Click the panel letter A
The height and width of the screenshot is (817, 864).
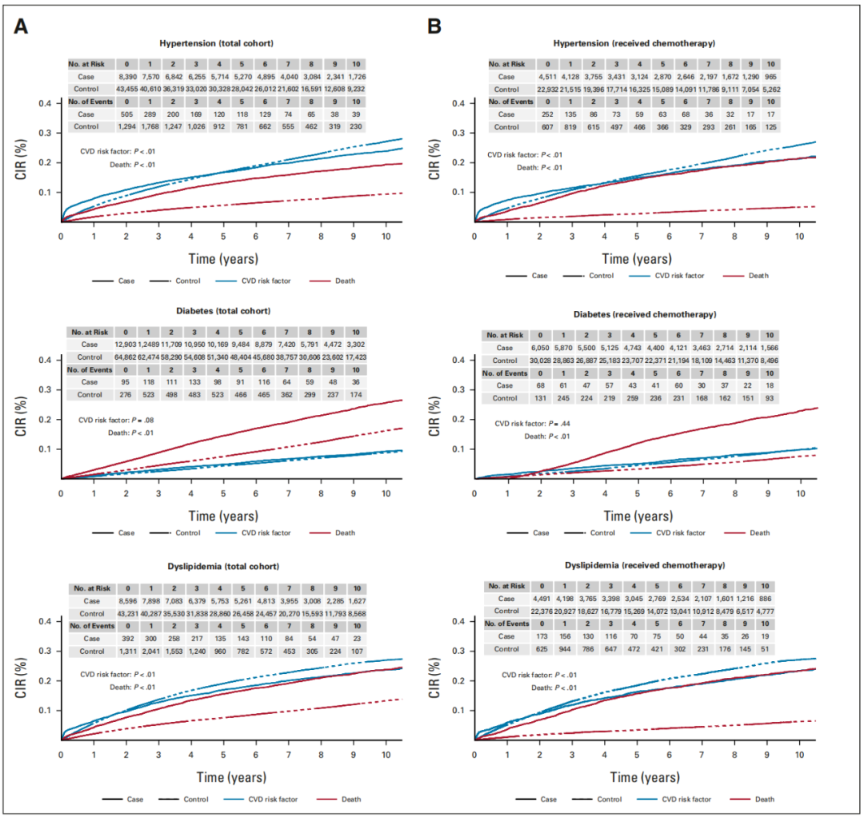coord(22,26)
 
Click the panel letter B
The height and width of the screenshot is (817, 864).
coord(434,26)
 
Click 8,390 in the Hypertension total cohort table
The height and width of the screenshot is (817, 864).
coord(126,76)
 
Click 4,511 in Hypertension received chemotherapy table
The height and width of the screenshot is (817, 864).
coord(548,76)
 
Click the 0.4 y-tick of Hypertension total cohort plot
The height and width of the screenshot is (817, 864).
coord(49,103)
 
